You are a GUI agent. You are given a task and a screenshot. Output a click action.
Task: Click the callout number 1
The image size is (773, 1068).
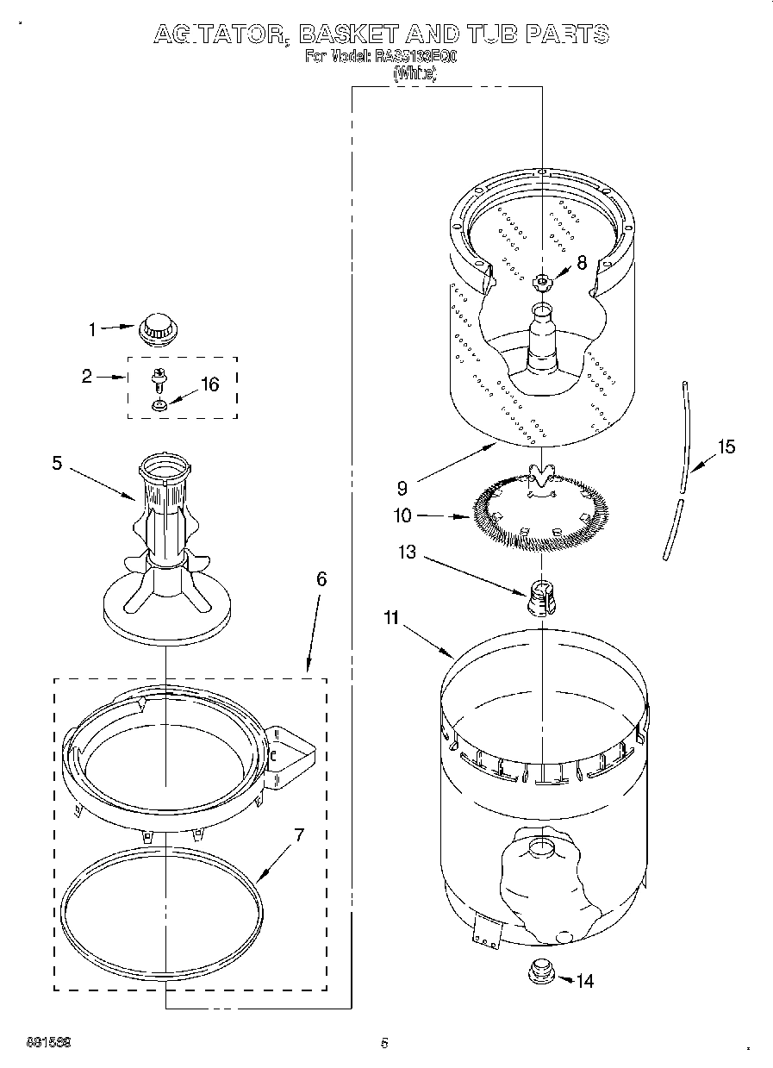click(x=93, y=328)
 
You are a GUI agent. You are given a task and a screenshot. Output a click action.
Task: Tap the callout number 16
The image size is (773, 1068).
click(x=209, y=384)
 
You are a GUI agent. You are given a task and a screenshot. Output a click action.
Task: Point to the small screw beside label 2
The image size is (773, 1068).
click(x=159, y=378)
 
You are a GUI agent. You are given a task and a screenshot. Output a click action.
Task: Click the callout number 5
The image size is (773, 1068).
click(x=57, y=463)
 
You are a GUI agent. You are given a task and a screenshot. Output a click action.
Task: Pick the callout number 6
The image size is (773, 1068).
click(x=321, y=578)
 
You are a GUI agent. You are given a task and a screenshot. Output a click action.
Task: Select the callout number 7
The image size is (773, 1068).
click(x=299, y=834)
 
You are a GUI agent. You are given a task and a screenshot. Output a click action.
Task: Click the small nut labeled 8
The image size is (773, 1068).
click(x=541, y=281)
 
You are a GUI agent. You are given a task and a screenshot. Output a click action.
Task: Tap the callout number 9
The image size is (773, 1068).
click(x=402, y=488)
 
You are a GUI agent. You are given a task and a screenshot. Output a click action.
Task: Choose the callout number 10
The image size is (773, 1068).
click(x=402, y=516)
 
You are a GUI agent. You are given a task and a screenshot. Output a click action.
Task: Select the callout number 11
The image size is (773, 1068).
click(x=391, y=617)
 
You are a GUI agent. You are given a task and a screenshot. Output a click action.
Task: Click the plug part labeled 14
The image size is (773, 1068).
click(x=541, y=972)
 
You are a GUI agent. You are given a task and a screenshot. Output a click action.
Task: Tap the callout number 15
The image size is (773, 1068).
click(x=726, y=447)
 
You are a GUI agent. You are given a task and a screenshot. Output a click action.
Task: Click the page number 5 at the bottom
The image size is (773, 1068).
click(x=384, y=1043)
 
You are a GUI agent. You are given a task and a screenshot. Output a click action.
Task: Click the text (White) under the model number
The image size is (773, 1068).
click(x=415, y=74)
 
